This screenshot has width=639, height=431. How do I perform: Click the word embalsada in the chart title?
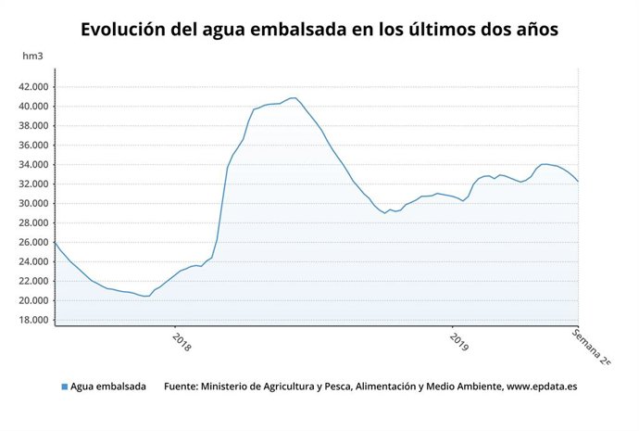[284, 30]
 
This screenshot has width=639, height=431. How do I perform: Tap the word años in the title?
[532, 30]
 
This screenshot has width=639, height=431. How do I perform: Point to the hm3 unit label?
[33, 57]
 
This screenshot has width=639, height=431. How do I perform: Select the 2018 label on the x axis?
[182, 342]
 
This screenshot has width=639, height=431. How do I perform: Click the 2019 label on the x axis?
[459, 342]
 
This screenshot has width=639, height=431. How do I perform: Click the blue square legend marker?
[64, 387]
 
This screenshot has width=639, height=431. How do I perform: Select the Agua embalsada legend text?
[108, 387]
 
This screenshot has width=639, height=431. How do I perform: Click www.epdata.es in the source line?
[541, 387]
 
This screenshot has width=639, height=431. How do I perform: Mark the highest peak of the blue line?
[293, 97]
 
